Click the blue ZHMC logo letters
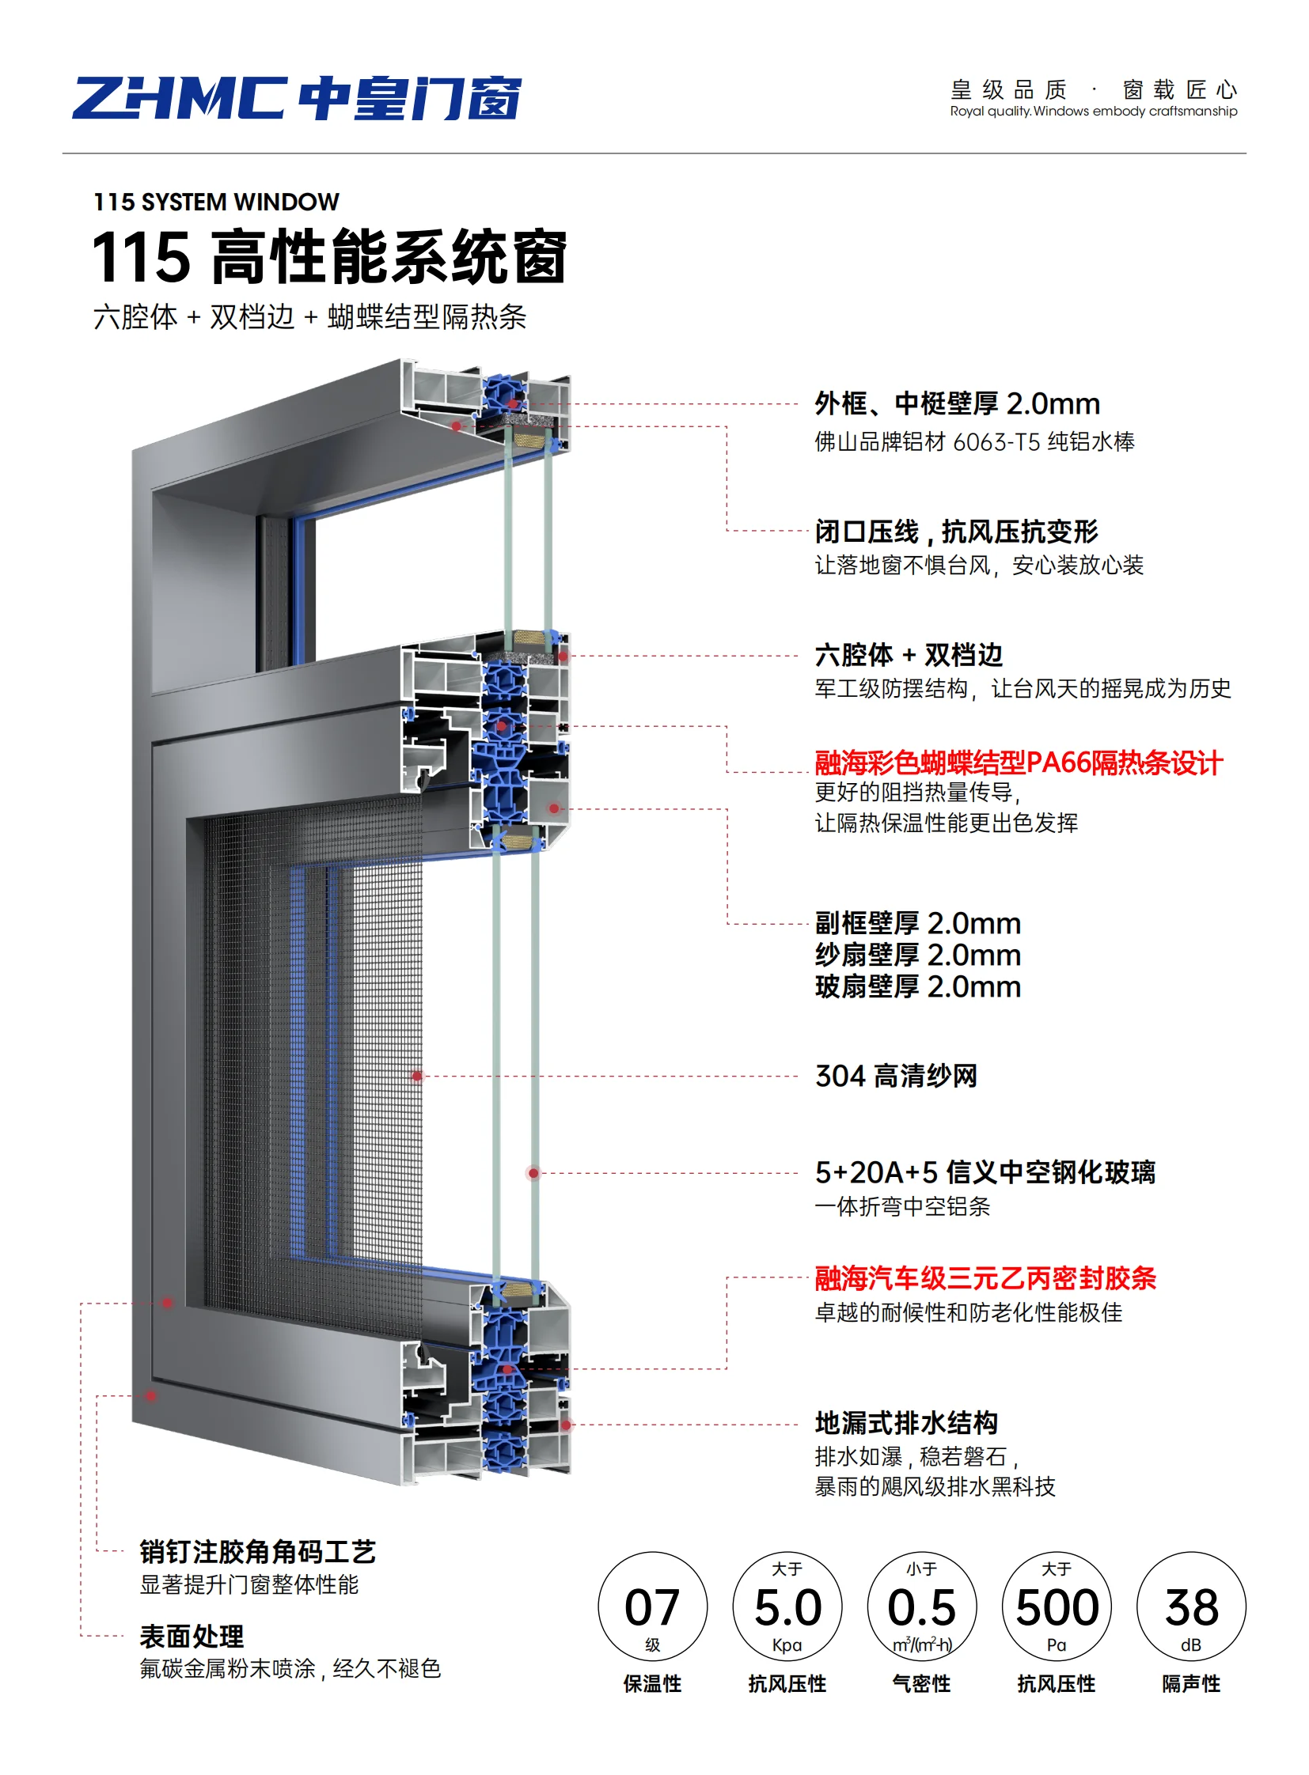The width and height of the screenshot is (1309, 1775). pos(180,98)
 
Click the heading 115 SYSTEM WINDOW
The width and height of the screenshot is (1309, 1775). pos(216,202)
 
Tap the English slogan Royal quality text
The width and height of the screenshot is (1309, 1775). pos(1093,112)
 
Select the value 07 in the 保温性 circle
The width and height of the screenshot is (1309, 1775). pos(651,1607)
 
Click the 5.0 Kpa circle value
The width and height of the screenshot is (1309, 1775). pos(787,1607)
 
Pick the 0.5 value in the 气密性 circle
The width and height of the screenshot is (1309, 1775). pos(921,1607)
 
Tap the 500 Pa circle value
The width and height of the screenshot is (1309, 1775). pos(1057,1607)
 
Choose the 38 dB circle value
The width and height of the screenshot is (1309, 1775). pos(1191,1607)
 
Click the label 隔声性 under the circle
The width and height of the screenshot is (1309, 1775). pos(1191,1684)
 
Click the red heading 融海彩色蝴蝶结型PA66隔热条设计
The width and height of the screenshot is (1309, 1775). pos(1019,763)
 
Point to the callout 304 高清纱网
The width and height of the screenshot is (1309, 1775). pos(896,1076)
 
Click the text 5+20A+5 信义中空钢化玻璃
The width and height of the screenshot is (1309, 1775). pos(985,1172)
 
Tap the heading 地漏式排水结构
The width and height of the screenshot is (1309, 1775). pos(905,1422)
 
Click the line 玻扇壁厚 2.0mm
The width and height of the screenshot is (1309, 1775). pos(917,987)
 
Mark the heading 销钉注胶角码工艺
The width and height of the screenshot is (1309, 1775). pos(257,1552)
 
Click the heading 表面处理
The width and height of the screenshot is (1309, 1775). pos(192,1636)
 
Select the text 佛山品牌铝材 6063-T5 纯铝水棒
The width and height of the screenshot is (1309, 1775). pos(973,442)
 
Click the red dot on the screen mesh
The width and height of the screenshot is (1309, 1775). pos(417,1076)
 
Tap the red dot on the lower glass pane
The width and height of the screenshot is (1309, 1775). pos(534,1173)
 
